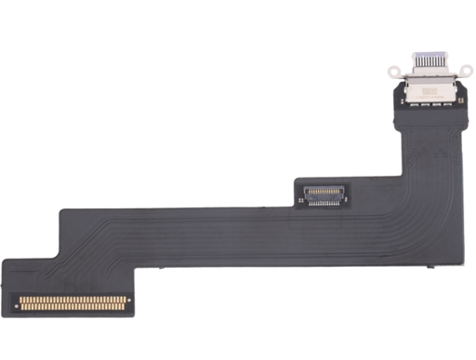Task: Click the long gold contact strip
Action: pos(73,301)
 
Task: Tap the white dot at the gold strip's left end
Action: pos(18,301)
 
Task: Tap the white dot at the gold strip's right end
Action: pos(129,301)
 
